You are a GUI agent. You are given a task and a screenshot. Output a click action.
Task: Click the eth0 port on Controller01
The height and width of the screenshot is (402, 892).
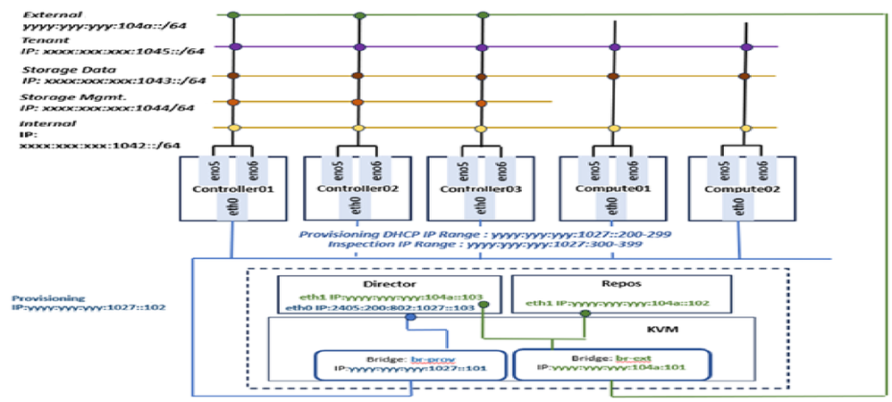[230, 207]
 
